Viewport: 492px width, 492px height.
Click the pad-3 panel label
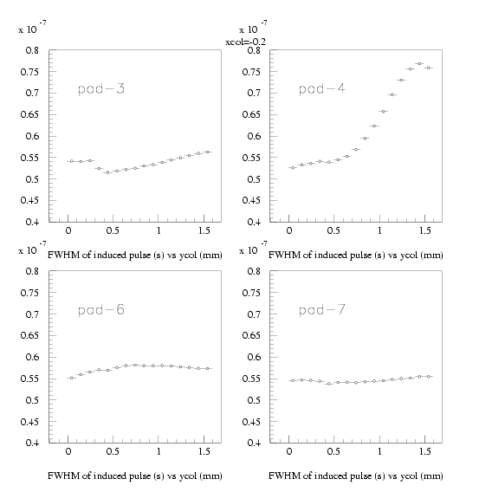click(101, 89)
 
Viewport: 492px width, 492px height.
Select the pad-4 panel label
click(322, 89)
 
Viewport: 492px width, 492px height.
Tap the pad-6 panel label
click(101, 310)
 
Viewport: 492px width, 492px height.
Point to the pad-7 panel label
click(322, 310)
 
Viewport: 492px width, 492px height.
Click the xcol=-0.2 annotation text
click(245, 42)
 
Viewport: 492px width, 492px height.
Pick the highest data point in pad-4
click(419, 64)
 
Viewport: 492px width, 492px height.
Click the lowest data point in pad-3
click(108, 172)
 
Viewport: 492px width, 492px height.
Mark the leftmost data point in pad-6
click(72, 378)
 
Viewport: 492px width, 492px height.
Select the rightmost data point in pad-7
click(428, 376)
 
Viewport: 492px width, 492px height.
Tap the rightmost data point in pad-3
click(207, 152)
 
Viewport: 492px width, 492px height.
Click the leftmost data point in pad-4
click(293, 168)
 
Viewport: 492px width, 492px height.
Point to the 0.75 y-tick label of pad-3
click(29, 72)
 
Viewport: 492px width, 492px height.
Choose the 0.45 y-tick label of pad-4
click(251, 200)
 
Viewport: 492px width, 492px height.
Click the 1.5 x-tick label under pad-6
click(204, 451)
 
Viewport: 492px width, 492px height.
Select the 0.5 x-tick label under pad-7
click(333, 451)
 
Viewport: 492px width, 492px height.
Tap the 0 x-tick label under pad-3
click(68, 230)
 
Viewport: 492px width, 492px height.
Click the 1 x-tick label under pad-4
click(379, 230)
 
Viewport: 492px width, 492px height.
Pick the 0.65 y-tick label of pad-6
click(29, 335)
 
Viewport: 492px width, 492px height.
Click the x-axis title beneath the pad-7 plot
click(356, 476)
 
